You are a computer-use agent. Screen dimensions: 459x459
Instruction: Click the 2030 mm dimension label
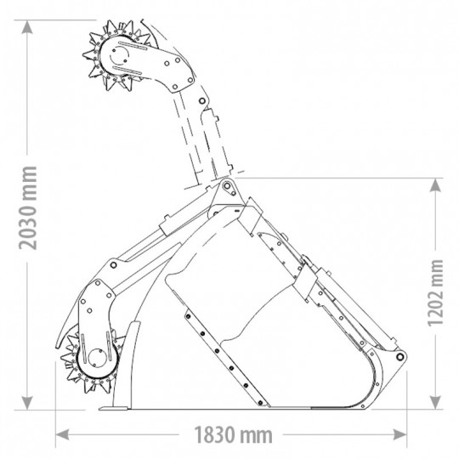point(28,208)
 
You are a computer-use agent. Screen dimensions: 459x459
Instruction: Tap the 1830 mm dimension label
point(233,435)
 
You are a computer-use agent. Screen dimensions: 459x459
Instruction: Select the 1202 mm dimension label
point(435,292)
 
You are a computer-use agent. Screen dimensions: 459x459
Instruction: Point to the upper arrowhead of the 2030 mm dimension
point(27,27)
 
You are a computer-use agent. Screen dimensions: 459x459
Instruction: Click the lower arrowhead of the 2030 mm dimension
point(27,403)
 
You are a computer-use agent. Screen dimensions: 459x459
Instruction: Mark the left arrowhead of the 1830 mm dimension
point(62,434)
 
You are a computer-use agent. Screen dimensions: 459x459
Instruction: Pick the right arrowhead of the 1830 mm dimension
point(399,434)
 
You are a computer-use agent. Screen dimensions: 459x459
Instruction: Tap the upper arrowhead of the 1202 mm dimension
point(435,185)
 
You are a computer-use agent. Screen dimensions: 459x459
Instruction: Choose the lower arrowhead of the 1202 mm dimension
point(435,403)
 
